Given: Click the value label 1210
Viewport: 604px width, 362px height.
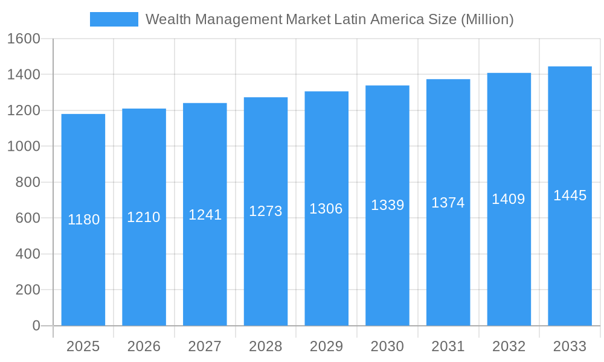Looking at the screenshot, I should tap(144, 217).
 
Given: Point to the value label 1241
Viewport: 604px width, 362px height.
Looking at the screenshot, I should tap(205, 215).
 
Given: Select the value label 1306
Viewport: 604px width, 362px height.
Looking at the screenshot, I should tap(326, 209).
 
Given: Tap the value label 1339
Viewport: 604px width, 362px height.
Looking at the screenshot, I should tap(387, 205).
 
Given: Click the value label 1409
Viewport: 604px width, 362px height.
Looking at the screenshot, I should tap(509, 199).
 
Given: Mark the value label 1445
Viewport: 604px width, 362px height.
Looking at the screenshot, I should tap(570, 195).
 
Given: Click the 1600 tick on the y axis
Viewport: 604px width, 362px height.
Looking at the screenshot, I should tap(24, 39).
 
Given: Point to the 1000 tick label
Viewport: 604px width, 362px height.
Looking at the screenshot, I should tap(24, 147).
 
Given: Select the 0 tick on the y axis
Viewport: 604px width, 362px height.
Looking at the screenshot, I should tap(36, 326).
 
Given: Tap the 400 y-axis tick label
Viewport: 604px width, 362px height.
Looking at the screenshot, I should tap(27, 254).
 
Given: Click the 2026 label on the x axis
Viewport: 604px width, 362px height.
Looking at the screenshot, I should tap(144, 346).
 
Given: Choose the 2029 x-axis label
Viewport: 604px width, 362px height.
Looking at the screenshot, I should tap(326, 346).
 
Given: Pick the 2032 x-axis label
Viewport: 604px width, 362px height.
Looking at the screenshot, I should tap(509, 346).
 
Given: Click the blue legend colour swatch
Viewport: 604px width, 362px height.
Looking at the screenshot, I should tap(114, 19).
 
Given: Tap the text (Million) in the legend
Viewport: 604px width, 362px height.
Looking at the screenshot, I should tap(487, 19).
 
